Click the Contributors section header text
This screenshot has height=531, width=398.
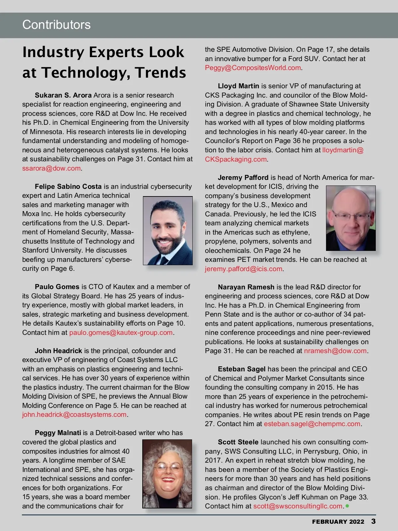tap(56, 25)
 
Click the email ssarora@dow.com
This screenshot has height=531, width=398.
tap(51, 168)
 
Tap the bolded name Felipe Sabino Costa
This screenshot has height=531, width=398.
tap(68, 187)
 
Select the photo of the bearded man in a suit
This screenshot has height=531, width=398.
tap(167, 231)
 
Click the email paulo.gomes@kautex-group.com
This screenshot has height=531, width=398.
tap(121, 333)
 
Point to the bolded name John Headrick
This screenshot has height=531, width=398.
tap(58, 351)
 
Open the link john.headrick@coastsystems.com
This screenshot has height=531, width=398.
tap(74, 415)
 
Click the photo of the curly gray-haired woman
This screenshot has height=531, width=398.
tap(167, 474)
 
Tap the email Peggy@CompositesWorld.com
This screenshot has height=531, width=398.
tap(253, 68)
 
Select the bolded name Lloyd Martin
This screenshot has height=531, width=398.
tap(238, 86)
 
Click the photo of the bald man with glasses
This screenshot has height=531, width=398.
tap(351, 218)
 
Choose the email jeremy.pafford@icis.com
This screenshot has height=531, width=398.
tap(243, 269)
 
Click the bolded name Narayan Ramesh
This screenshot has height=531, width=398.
tap(246, 287)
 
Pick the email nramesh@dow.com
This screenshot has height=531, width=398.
tap(335, 351)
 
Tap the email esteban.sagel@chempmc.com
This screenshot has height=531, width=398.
tap(312, 424)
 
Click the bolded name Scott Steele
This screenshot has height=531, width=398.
tap(238, 442)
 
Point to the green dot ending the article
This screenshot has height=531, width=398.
tap(347, 506)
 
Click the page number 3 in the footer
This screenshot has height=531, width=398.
tap(373, 521)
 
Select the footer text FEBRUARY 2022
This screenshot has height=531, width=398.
tap(338, 522)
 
